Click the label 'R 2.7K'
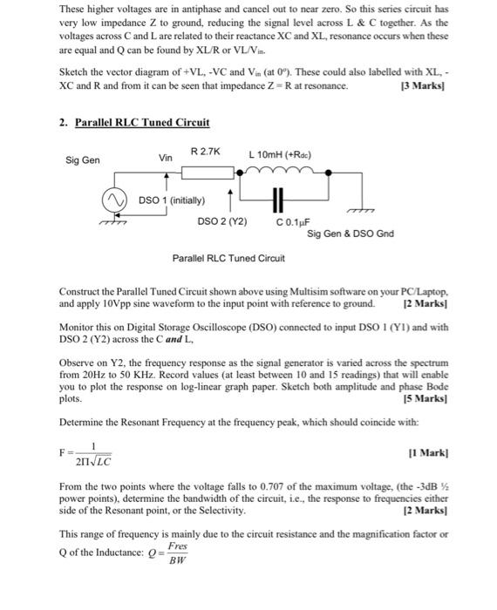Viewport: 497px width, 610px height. (x=206, y=152)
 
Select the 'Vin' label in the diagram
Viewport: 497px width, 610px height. (x=166, y=158)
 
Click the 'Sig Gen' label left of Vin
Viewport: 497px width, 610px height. (x=83, y=160)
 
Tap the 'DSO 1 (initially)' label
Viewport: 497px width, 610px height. (x=171, y=201)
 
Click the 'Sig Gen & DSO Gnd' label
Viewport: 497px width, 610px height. (x=351, y=234)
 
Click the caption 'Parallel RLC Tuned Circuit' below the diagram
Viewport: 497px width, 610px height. (x=228, y=258)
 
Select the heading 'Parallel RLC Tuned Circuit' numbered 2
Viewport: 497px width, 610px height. (x=142, y=124)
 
